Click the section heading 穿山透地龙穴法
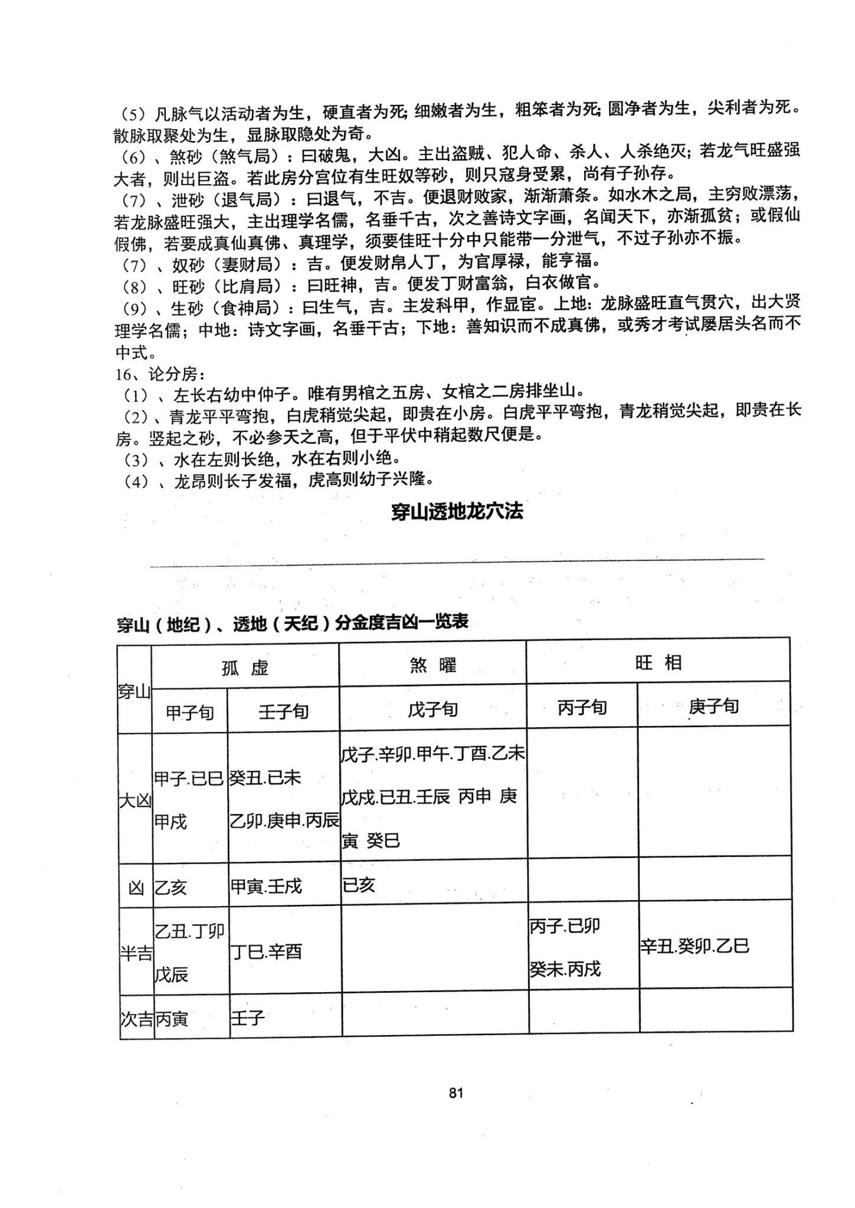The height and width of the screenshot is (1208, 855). [x=457, y=511]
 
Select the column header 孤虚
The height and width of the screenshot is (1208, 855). [x=245, y=667]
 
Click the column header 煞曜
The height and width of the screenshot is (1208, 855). [x=433, y=666]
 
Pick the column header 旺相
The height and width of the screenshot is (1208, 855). [x=658, y=663]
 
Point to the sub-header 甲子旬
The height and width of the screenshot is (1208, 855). [x=189, y=713]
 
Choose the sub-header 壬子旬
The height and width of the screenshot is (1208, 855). [x=283, y=712]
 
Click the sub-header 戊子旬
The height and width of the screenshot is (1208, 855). [x=433, y=710]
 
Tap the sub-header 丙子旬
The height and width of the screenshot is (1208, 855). [x=582, y=708]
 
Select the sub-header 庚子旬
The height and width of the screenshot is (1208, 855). [x=713, y=706]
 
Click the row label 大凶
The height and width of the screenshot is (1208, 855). [x=136, y=801]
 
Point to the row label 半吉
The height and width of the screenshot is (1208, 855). [x=136, y=954]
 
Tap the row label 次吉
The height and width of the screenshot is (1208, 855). [x=136, y=1019]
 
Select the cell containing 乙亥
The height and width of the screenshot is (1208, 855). [x=171, y=887]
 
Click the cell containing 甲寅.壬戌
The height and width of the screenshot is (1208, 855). [x=266, y=886]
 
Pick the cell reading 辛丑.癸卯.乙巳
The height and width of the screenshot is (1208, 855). [x=695, y=947]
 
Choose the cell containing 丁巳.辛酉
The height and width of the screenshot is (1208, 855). [x=266, y=951]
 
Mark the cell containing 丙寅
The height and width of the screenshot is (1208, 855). [x=172, y=1019]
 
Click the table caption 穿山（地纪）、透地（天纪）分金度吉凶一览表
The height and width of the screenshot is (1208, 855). [x=293, y=623]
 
